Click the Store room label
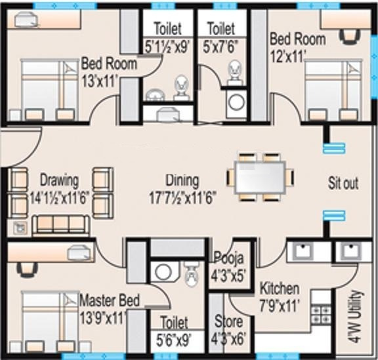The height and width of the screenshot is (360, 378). point(228,322)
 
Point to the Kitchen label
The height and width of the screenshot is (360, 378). point(280,289)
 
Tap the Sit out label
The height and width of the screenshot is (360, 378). point(343,183)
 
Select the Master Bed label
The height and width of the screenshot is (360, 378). point(110,301)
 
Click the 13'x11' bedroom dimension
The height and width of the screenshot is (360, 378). point(109,81)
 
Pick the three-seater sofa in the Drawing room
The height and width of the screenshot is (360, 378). point(60,225)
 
